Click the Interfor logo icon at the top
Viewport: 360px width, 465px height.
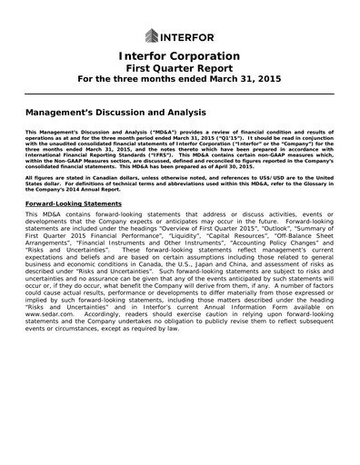pos(152,36)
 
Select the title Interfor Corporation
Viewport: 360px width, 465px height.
pos(179,56)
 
